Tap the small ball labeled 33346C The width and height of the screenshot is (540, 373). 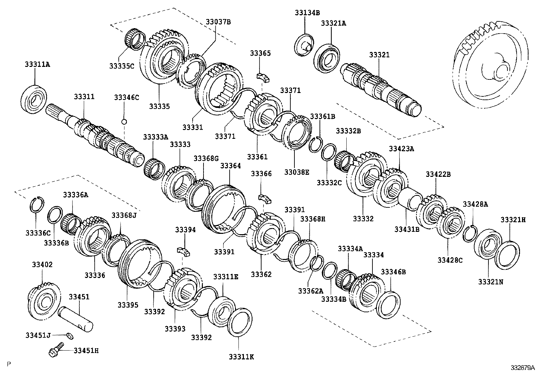point(124,122)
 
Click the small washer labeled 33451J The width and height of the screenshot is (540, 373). point(70,336)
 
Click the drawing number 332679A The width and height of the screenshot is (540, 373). point(523,368)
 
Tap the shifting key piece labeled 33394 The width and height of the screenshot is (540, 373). point(183,252)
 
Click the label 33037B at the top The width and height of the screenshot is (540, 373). point(218,22)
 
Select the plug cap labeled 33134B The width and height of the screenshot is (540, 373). point(304,44)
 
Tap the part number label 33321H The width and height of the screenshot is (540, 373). point(513,220)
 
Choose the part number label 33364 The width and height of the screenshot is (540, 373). point(230,166)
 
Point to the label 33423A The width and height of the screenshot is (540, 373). point(401,148)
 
